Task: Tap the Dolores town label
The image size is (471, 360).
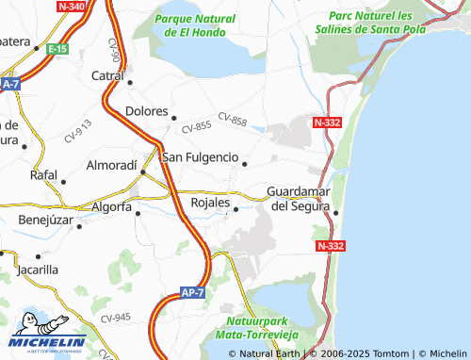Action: (146, 110)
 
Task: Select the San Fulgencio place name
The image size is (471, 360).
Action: (200, 156)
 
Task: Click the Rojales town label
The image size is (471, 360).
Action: (210, 203)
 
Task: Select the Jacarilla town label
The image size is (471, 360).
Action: (38, 269)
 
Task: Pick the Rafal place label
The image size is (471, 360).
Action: (43, 174)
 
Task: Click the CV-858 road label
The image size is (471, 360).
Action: (232, 119)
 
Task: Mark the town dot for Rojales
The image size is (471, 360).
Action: (236, 210)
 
